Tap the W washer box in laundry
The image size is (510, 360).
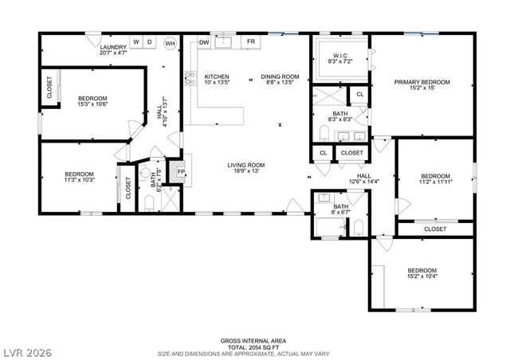(x=136, y=41)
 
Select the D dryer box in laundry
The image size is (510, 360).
(x=149, y=41)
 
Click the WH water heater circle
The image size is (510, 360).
(x=169, y=42)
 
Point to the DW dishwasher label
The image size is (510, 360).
(x=205, y=41)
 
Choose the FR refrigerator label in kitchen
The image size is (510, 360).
(x=250, y=41)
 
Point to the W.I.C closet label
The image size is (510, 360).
(x=339, y=57)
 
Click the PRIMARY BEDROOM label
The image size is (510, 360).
(x=422, y=82)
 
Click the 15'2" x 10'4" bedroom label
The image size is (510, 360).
(x=422, y=276)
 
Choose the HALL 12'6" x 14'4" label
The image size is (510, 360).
(x=364, y=178)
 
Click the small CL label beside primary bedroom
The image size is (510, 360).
(x=360, y=94)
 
